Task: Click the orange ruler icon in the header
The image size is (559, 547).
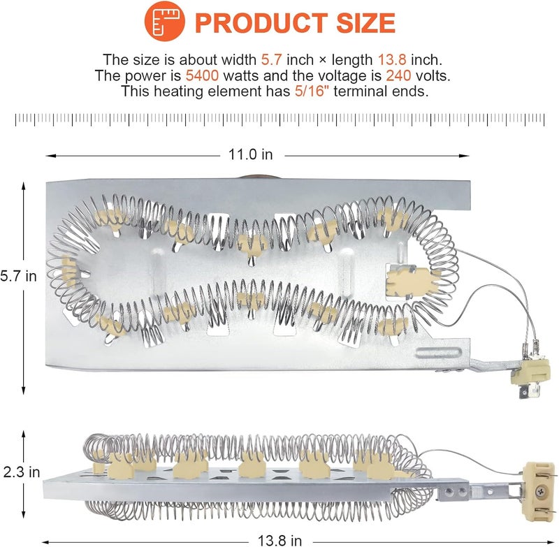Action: (164, 21)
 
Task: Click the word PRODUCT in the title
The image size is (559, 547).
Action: (261, 23)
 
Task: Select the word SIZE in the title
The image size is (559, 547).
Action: (365, 23)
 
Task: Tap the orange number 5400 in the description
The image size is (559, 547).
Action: (202, 75)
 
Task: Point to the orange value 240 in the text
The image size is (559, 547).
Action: (398, 75)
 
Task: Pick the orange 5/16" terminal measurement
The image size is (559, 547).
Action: (311, 92)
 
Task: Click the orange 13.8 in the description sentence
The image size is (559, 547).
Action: (392, 60)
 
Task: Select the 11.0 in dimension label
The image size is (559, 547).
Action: (250, 154)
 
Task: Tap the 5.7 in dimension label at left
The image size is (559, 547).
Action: (18, 276)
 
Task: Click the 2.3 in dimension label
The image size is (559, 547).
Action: (22, 472)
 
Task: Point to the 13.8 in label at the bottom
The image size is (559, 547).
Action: (280, 540)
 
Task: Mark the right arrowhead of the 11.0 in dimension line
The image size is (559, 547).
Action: (464, 156)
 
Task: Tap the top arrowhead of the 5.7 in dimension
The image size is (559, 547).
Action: (24, 187)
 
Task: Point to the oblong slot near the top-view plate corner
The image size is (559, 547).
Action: (439, 353)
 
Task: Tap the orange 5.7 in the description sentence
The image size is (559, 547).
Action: (271, 60)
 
